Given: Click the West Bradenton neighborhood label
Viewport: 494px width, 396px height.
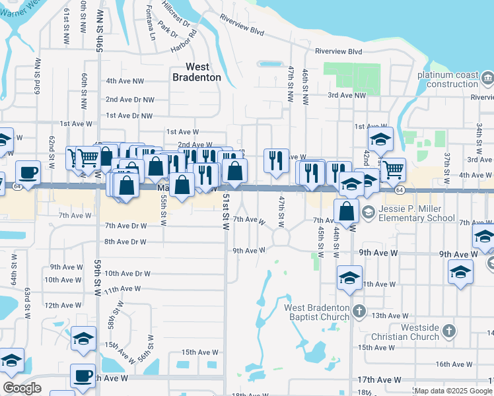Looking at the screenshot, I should coord(196,72).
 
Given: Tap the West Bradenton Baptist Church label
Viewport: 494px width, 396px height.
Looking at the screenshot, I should coord(316,312).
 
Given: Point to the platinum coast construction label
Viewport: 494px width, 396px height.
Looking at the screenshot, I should coord(447,79).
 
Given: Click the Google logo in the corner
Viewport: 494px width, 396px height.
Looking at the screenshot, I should coord(22,388).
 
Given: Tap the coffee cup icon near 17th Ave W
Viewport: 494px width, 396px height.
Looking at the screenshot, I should coord(83,376).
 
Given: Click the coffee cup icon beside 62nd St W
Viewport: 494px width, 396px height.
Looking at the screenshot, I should coord(28,172).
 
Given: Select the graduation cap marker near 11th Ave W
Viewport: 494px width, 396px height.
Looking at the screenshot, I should coord(349,277).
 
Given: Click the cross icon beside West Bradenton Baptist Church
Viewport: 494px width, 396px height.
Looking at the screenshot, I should coord(359,310).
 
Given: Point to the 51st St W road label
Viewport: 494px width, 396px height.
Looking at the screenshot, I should coord(226,211).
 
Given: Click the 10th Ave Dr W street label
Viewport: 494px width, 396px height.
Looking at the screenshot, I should coord(128,273).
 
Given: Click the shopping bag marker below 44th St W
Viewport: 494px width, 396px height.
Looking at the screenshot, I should coord(347,211).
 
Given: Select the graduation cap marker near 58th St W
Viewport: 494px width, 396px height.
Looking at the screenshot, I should coord(83,337).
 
